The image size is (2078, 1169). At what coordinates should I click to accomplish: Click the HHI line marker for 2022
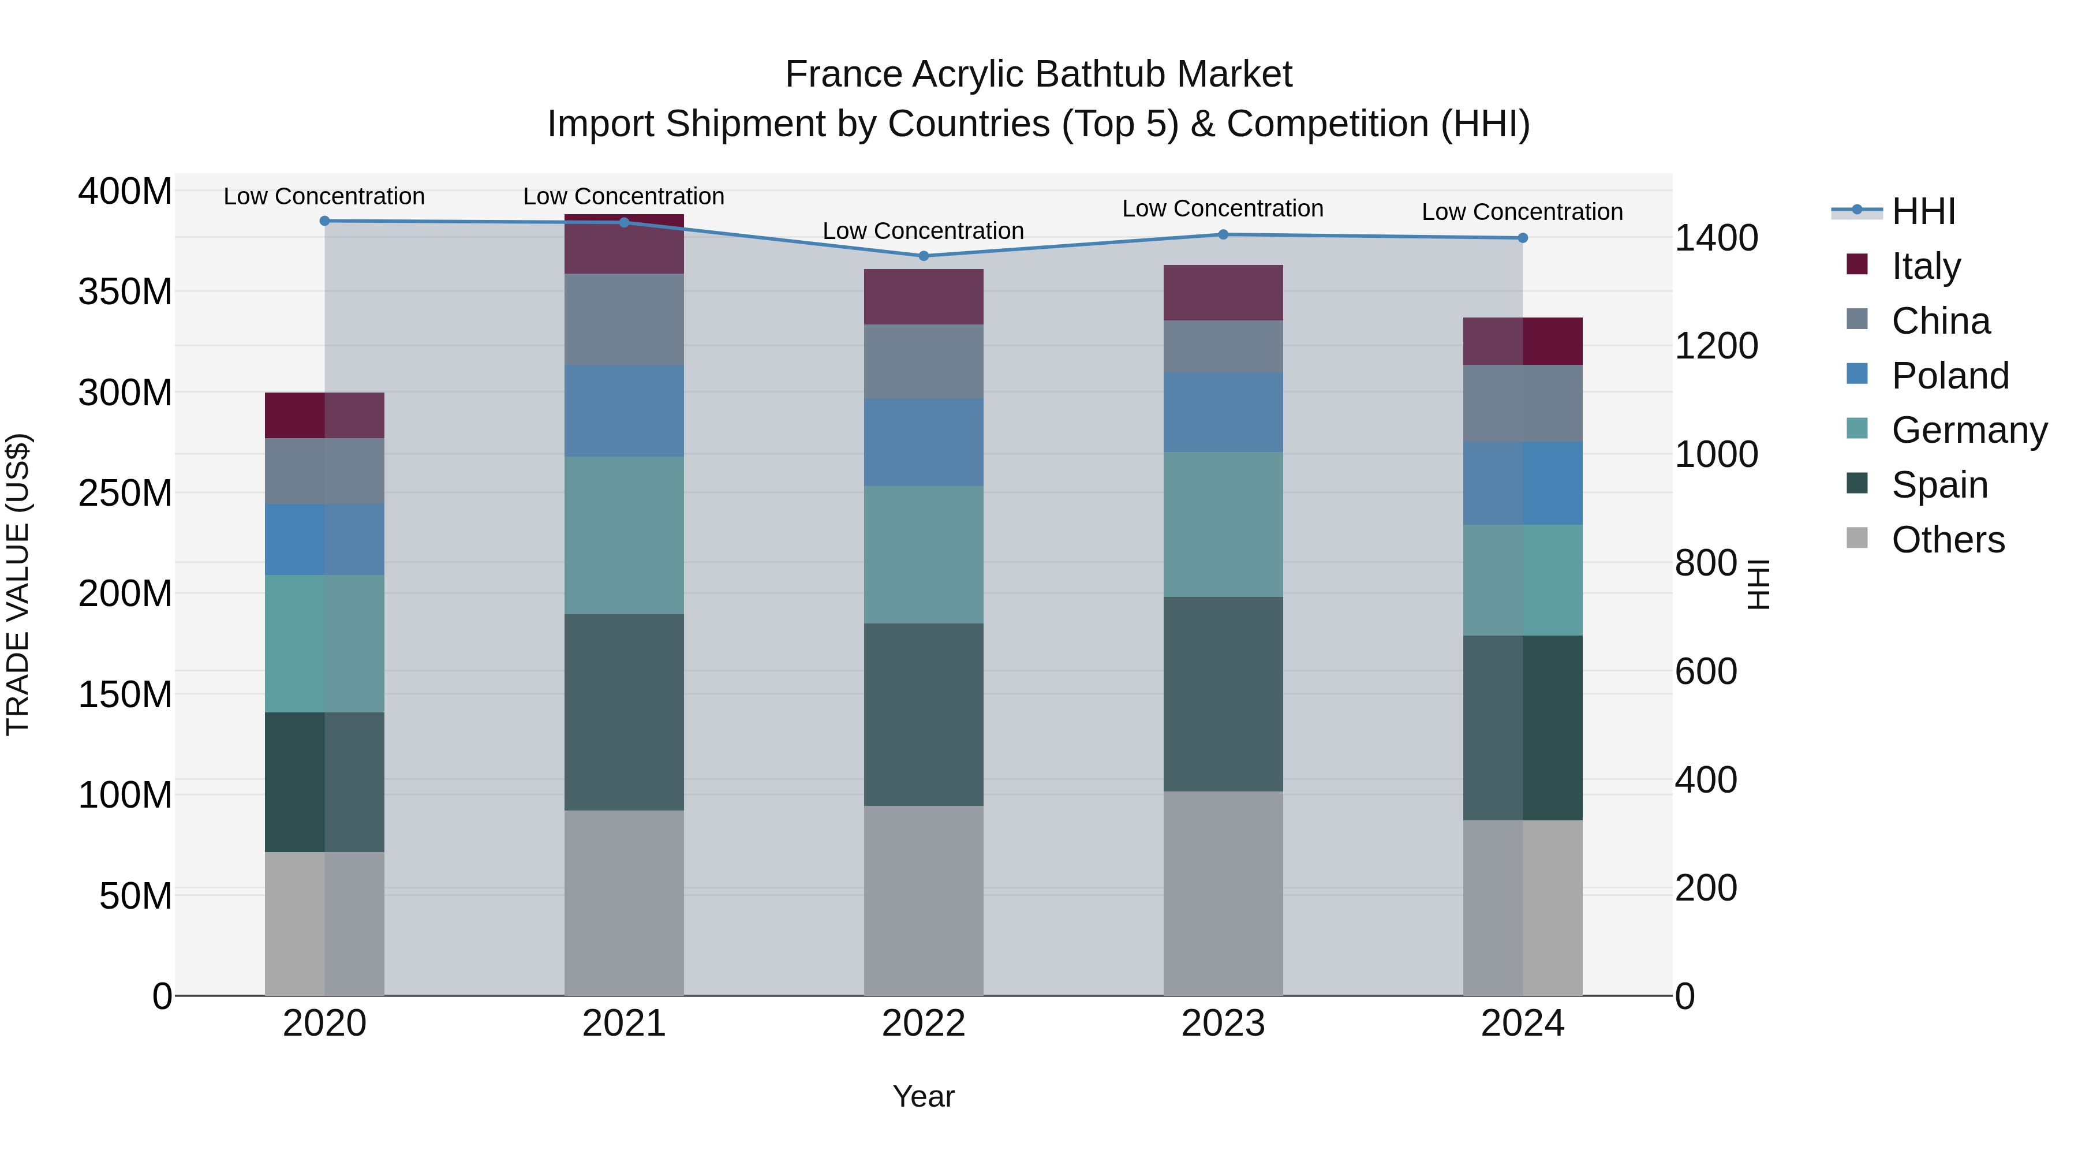pos(924,256)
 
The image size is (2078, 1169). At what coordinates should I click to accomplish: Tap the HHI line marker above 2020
pos(324,221)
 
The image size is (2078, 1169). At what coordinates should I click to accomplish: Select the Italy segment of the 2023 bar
pos(1223,293)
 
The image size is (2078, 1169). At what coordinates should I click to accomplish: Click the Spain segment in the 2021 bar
pos(623,712)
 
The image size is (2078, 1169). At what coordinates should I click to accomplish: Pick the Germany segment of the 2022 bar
pos(924,555)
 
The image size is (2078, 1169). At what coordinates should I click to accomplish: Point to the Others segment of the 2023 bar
pos(1223,893)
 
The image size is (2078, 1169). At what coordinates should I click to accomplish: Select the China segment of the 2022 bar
pos(924,361)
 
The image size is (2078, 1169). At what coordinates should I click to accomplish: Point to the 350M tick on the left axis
pos(125,292)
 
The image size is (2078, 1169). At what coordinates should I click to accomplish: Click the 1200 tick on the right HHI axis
pos(1716,346)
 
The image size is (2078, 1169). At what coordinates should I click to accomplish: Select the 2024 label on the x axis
pos(1522,1024)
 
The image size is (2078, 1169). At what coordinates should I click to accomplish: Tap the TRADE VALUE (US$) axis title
pos(18,584)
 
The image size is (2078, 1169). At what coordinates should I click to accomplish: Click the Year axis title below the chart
pos(923,1096)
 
